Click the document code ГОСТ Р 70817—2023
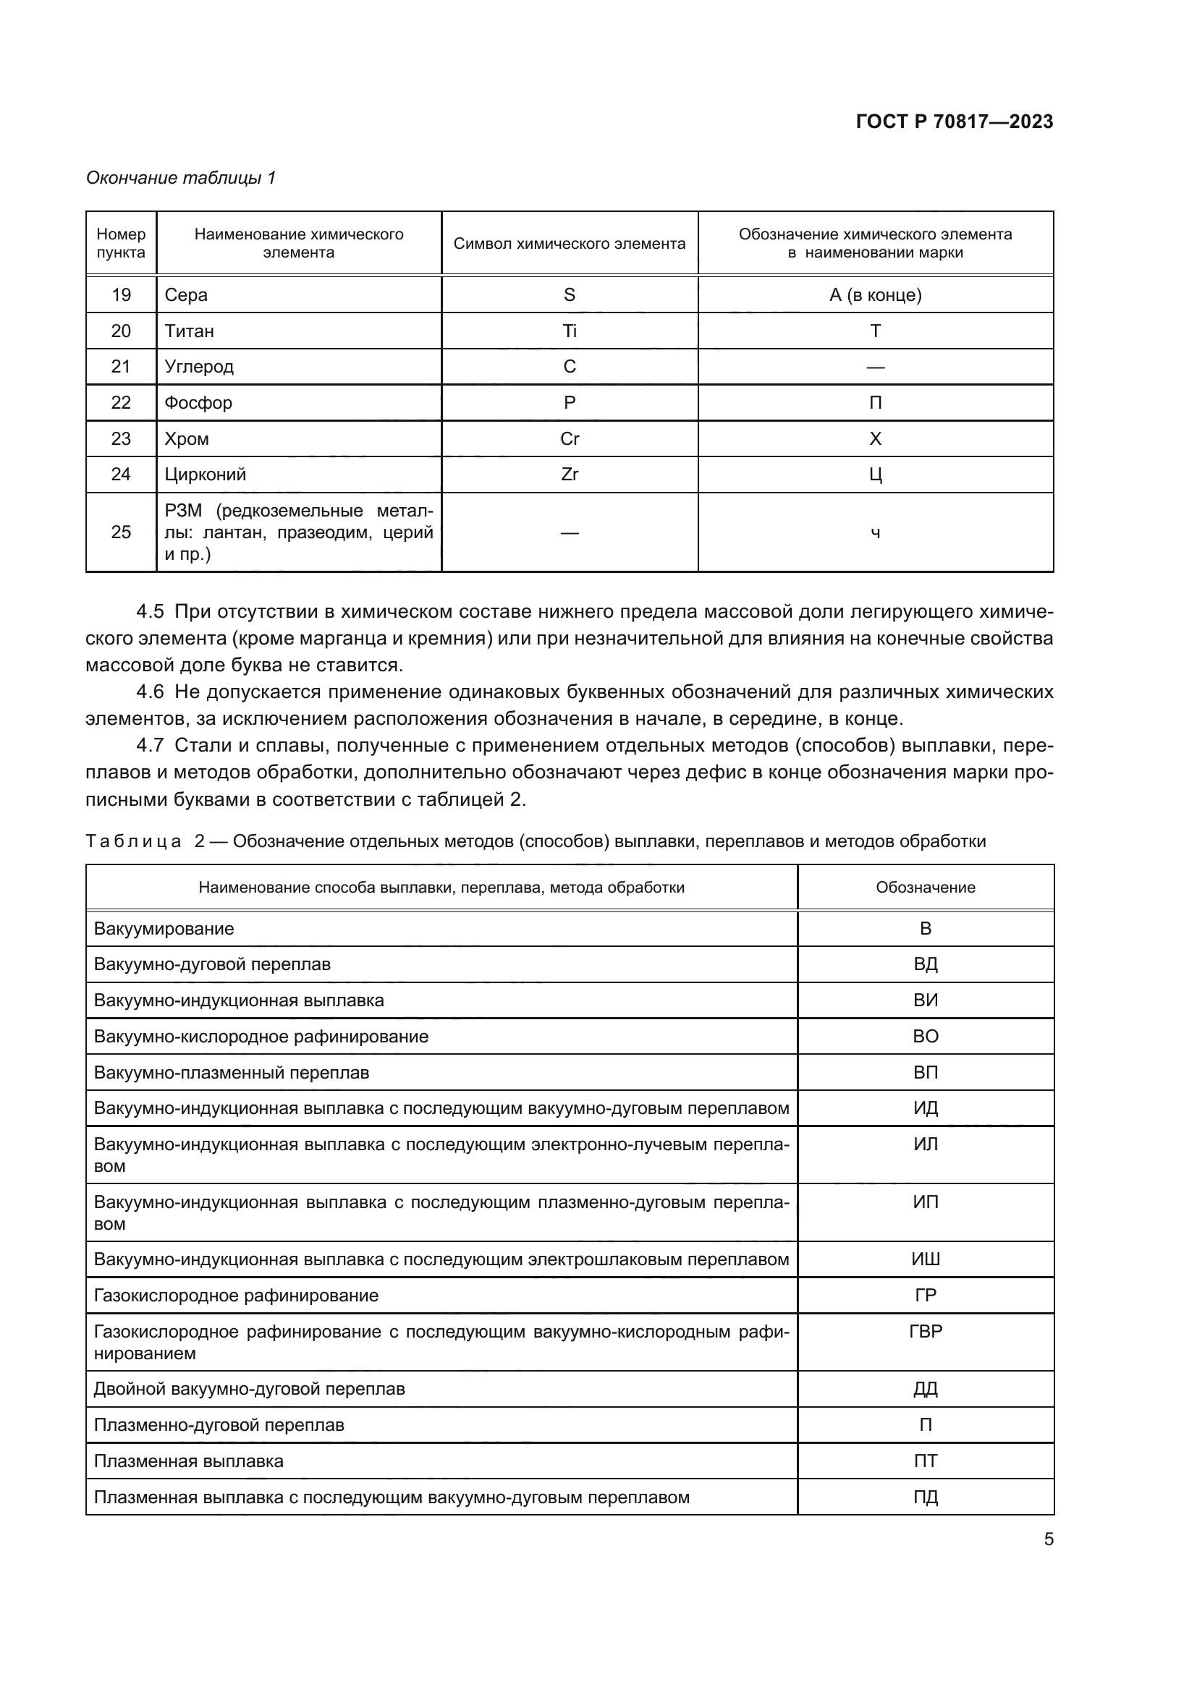[x=954, y=122]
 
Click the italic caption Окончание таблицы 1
[x=181, y=178]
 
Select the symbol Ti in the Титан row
[x=569, y=331]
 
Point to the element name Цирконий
[x=205, y=475]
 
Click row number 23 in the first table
[x=121, y=438]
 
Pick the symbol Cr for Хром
[x=569, y=438]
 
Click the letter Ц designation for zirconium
[x=875, y=475]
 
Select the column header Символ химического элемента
[x=569, y=243]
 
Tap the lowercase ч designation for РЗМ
[x=875, y=533]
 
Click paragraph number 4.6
[x=150, y=692]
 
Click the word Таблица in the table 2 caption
[x=133, y=841]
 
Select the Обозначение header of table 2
[x=925, y=888]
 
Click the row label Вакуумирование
[x=164, y=929]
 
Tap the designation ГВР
[x=925, y=1331]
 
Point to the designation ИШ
[x=925, y=1259]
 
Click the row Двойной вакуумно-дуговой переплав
[x=249, y=1388]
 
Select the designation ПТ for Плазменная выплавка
[x=925, y=1461]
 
